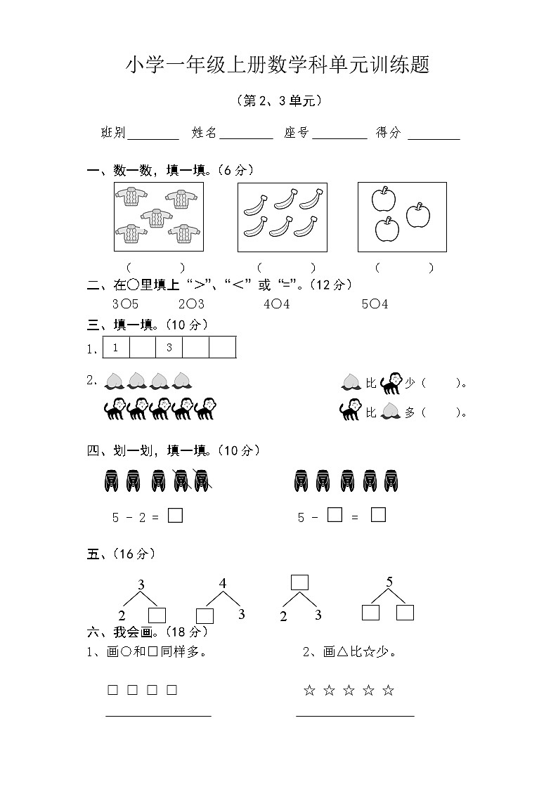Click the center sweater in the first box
[155, 218]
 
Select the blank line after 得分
[434, 138]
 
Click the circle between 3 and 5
[124, 304]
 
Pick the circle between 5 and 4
[375, 304]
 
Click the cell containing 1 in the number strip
[116, 348]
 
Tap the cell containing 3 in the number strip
[169, 348]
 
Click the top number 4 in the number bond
[223, 583]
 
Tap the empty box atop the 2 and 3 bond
[299, 582]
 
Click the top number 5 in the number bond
[389, 582]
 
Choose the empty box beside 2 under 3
[157, 615]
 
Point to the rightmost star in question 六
[388, 691]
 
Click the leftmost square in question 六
[112, 690]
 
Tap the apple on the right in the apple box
[418, 216]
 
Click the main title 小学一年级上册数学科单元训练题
[278, 66]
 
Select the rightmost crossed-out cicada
[202, 481]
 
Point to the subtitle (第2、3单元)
[279, 101]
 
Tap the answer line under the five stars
[355, 716]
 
